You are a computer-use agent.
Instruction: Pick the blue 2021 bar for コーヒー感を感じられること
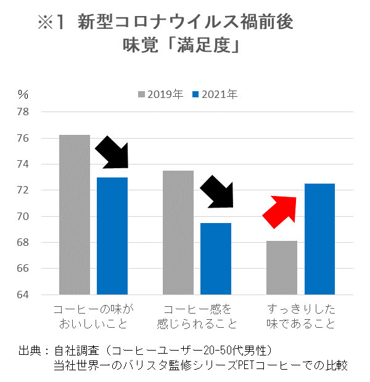coord(216,259)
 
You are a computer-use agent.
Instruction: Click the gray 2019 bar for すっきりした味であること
coord(282,267)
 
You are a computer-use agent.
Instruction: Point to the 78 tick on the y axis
coord(23,112)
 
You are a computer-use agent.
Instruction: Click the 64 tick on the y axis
coord(23,295)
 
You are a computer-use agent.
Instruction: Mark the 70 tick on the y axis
coord(23,216)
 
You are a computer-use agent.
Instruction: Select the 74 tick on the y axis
coord(23,165)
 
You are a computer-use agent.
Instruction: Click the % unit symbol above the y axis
coord(23,94)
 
